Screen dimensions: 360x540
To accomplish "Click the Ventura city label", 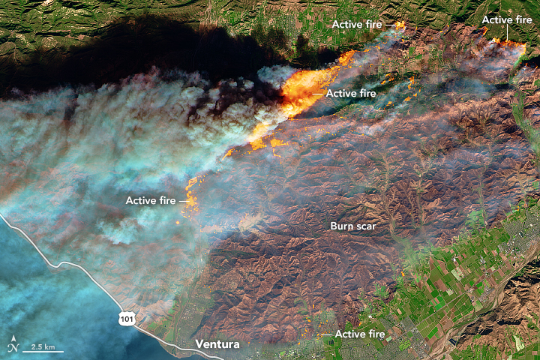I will (217, 345).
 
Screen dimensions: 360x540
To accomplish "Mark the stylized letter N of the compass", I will (13, 347).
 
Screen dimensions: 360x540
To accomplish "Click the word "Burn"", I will (343, 225).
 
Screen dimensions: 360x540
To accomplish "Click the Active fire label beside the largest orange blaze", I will (352, 93).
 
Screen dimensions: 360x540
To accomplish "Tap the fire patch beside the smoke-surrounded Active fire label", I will (191, 199).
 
